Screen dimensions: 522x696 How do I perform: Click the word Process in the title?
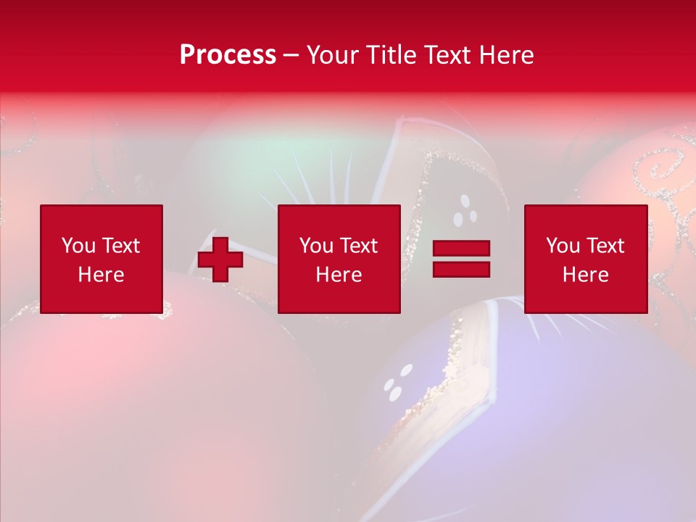click(228, 55)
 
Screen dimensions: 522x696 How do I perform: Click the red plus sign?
click(220, 260)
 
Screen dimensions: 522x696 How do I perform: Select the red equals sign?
click(461, 259)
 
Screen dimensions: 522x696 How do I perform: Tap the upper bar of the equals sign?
click(461, 249)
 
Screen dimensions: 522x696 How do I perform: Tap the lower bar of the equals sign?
click(461, 269)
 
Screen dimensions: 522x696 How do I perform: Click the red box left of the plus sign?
click(101, 260)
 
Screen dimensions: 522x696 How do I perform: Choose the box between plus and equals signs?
click(339, 260)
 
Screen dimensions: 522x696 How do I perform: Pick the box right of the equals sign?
click(586, 260)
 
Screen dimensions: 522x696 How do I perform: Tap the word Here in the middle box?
click(339, 275)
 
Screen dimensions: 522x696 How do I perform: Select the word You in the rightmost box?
click(563, 246)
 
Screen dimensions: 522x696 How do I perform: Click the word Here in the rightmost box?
click(586, 275)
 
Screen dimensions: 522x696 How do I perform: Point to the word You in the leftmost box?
click(78, 246)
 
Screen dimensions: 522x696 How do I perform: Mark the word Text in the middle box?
click(359, 246)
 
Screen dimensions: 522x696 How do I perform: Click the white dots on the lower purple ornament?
click(394, 384)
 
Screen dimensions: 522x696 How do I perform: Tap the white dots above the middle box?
click(465, 212)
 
